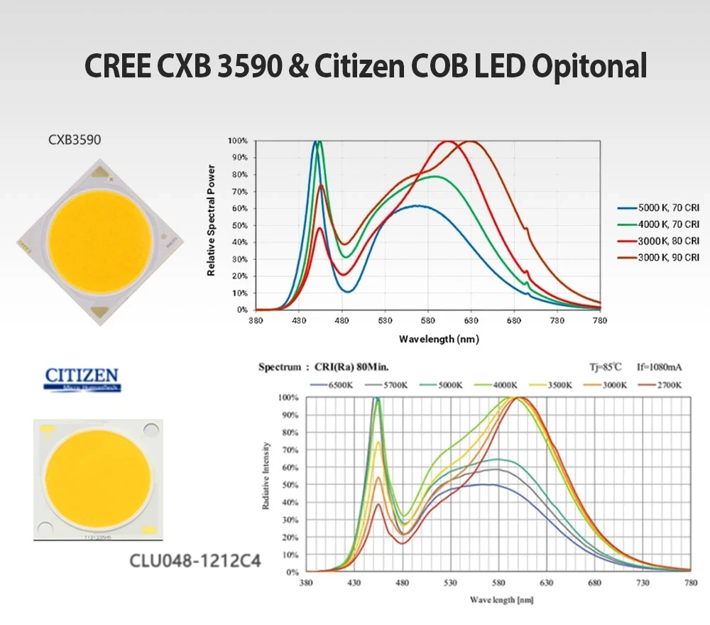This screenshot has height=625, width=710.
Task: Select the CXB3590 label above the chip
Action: pos(75,140)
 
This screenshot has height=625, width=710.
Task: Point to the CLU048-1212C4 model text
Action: pos(195,561)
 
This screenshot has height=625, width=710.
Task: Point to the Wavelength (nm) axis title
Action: pos(439,339)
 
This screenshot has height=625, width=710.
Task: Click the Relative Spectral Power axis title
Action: pos(211,220)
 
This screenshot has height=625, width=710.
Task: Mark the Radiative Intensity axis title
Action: pos(266,476)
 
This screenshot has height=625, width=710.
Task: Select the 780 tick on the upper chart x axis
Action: pos(600,321)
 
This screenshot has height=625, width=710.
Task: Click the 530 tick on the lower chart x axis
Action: pos(450,582)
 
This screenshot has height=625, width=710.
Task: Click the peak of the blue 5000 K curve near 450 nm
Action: pos(315,142)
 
